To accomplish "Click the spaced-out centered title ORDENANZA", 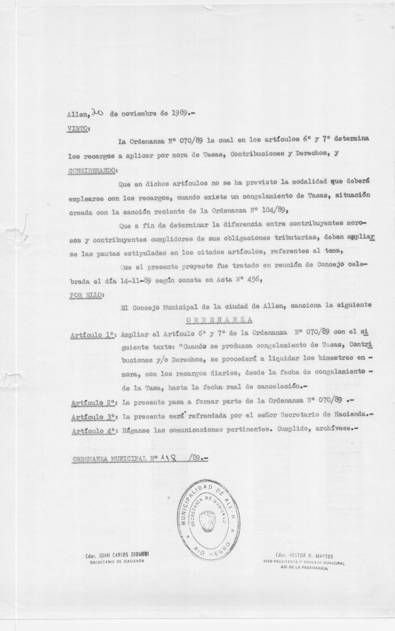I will [x=219, y=320].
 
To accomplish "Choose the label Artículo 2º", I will [x=94, y=403].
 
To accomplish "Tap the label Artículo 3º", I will [x=94, y=417].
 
